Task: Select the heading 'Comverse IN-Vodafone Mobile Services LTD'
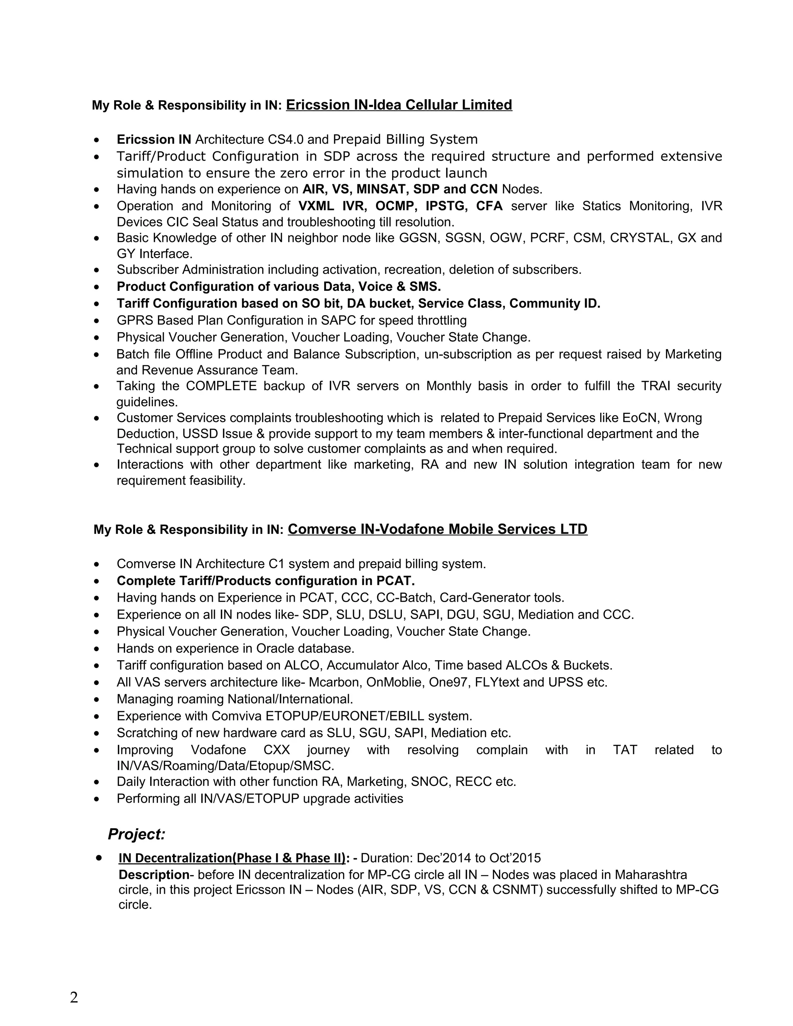click(x=438, y=529)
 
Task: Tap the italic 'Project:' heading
click(x=137, y=834)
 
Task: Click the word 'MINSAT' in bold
click(x=383, y=189)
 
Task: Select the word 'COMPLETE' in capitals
click(x=221, y=386)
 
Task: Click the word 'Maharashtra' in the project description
click(x=651, y=874)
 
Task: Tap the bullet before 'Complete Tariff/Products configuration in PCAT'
click(x=96, y=581)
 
